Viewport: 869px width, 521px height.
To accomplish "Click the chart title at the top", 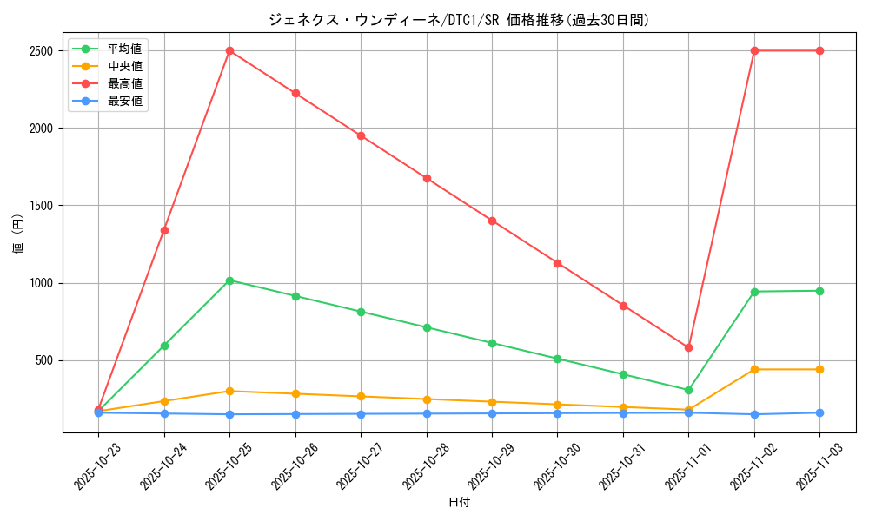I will (x=459, y=20).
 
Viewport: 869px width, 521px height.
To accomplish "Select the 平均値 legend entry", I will (x=124, y=49).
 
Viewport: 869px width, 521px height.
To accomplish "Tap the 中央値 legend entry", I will (x=124, y=66).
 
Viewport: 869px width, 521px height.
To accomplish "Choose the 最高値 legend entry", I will (x=124, y=83).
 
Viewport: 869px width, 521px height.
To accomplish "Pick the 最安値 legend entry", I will (x=124, y=102).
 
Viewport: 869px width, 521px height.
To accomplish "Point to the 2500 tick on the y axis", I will (x=40, y=51).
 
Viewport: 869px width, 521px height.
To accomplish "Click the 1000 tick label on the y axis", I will (x=40, y=283).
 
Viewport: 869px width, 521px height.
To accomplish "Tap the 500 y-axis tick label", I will (x=43, y=360).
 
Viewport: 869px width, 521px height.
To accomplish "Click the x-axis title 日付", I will (x=459, y=503).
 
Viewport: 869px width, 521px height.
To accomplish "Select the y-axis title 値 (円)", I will (x=18, y=235).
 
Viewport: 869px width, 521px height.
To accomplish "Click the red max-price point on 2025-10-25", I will (x=229, y=50).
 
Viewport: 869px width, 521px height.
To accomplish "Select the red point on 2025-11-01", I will (x=688, y=347).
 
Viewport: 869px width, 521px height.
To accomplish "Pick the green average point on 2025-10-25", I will (x=229, y=280).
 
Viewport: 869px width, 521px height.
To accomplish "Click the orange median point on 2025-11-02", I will (x=754, y=369).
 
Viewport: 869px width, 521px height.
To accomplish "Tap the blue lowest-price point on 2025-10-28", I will (x=427, y=413).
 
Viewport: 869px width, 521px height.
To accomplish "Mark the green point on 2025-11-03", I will (x=819, y=291).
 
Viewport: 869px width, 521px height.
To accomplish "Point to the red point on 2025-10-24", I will (x=164, y=230).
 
